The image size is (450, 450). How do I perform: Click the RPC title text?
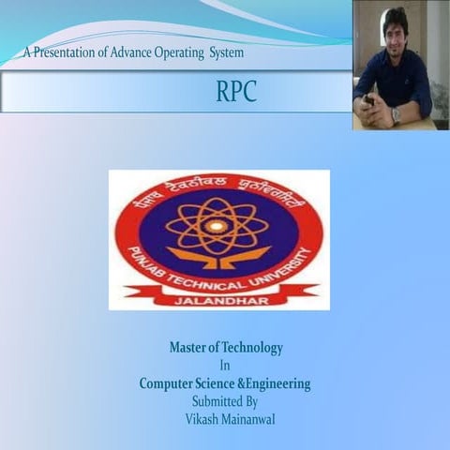click(236, 92)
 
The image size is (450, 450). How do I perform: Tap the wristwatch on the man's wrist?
click(396, 113)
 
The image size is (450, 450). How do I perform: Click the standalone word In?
click(225, 366)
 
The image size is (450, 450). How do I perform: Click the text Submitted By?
click(225, 401)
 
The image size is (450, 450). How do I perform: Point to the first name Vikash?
click(198, 418)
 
